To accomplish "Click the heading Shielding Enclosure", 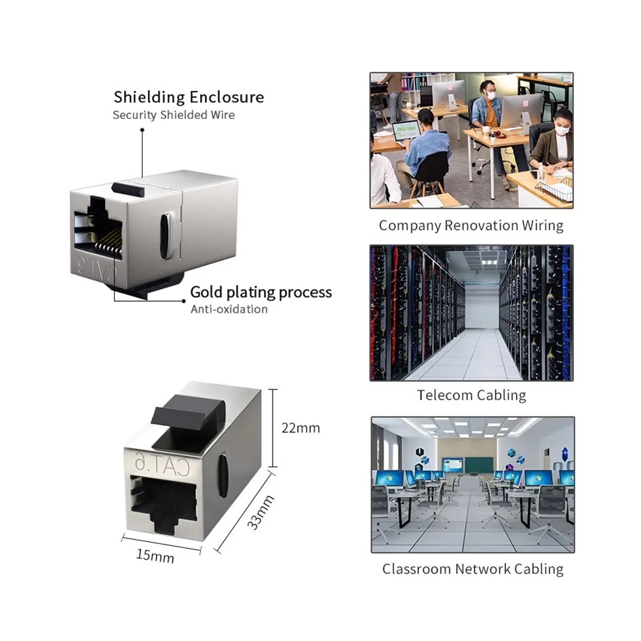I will [x=189, y=97].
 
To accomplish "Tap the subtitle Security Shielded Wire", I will [x=174, y=115].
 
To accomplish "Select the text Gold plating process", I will [x=260, y=292].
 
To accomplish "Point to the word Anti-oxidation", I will [x=229, y=309].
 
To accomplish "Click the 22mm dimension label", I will [x=300, y=428].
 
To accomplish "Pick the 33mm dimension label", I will [x=260, y=512].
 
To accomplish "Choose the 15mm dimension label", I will [x=155, y=556].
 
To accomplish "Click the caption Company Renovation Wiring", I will [x=471, y=225].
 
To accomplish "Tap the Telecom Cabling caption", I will [x=471, y=395].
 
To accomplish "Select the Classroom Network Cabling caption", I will [x=472, y=569].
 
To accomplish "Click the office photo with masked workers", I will [x=471, y=140].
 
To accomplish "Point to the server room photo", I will [x=471, y=313].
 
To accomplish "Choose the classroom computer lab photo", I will [x=472, y=484].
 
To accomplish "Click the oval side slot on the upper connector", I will [x=165, y=235].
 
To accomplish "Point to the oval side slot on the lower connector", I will [x=222, y=475].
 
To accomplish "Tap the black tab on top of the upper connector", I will [x=128, y=189].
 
